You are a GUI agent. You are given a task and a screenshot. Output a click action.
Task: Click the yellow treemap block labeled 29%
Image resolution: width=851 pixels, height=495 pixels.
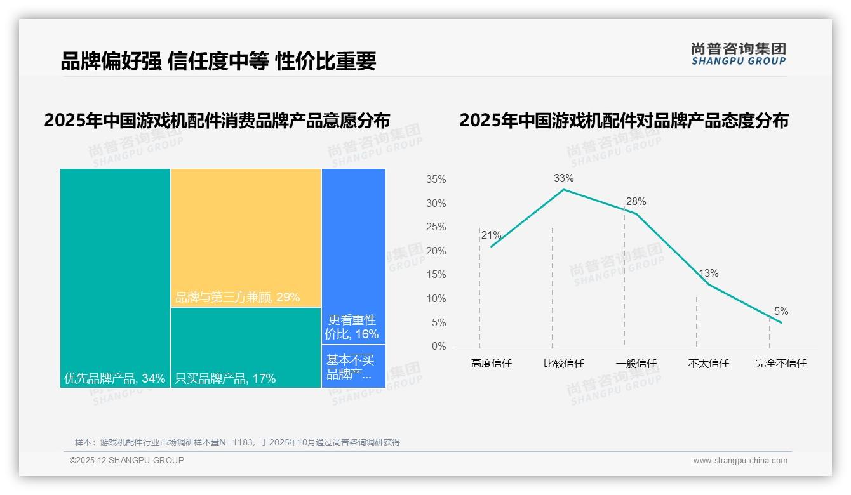click(x=246, y=237)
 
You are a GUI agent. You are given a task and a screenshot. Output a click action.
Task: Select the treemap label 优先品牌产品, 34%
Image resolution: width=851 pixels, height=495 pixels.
click(x=115, y=379)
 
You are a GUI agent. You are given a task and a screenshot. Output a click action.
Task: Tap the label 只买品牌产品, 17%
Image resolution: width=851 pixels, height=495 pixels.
click(x=225, y=379)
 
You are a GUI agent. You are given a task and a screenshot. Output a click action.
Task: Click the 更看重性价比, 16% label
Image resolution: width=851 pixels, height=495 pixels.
click(x=352, y=327)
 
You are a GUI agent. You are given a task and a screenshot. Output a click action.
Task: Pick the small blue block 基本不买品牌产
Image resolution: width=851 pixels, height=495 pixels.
click(x=353, y=367)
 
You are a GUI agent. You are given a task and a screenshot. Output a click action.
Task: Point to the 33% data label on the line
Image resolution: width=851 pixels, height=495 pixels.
click(x=563, y=178)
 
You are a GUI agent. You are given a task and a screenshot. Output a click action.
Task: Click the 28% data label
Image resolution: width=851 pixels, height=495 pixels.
click(x=636, y=202)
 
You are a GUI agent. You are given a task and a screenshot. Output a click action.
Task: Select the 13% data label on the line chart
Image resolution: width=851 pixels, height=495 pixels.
click(x=708, y=274)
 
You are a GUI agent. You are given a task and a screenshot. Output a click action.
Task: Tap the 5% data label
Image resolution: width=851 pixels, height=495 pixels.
click(x=781, y=311)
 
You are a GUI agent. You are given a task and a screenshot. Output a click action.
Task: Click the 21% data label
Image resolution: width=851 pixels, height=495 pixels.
click(x=491, y=235)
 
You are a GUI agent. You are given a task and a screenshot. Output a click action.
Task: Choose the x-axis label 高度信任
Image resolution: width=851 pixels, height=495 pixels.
click(x=491, y=364)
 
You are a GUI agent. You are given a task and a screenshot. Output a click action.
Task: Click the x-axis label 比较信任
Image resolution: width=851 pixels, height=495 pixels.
click(x=563, y=364)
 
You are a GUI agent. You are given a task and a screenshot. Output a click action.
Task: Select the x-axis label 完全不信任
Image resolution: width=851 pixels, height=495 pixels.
click(x=781, y=364)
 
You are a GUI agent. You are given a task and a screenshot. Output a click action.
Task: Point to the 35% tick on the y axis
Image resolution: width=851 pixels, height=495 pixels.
click(x=436, y=180)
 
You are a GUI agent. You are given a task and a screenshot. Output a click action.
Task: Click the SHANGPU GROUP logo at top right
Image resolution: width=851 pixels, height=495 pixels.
click(x=738, y=54)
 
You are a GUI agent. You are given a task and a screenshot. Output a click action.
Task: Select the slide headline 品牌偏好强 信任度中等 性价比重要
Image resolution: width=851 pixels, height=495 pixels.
click(x=218, y=61)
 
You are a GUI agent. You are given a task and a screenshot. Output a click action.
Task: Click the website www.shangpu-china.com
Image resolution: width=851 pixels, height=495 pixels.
click(x=740, y=461)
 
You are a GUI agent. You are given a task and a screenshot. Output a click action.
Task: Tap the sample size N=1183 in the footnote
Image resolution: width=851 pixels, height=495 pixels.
click(x=236, y=442)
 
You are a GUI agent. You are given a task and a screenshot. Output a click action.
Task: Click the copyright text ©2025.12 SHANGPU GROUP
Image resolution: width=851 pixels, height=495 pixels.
click(x=127, y=460)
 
